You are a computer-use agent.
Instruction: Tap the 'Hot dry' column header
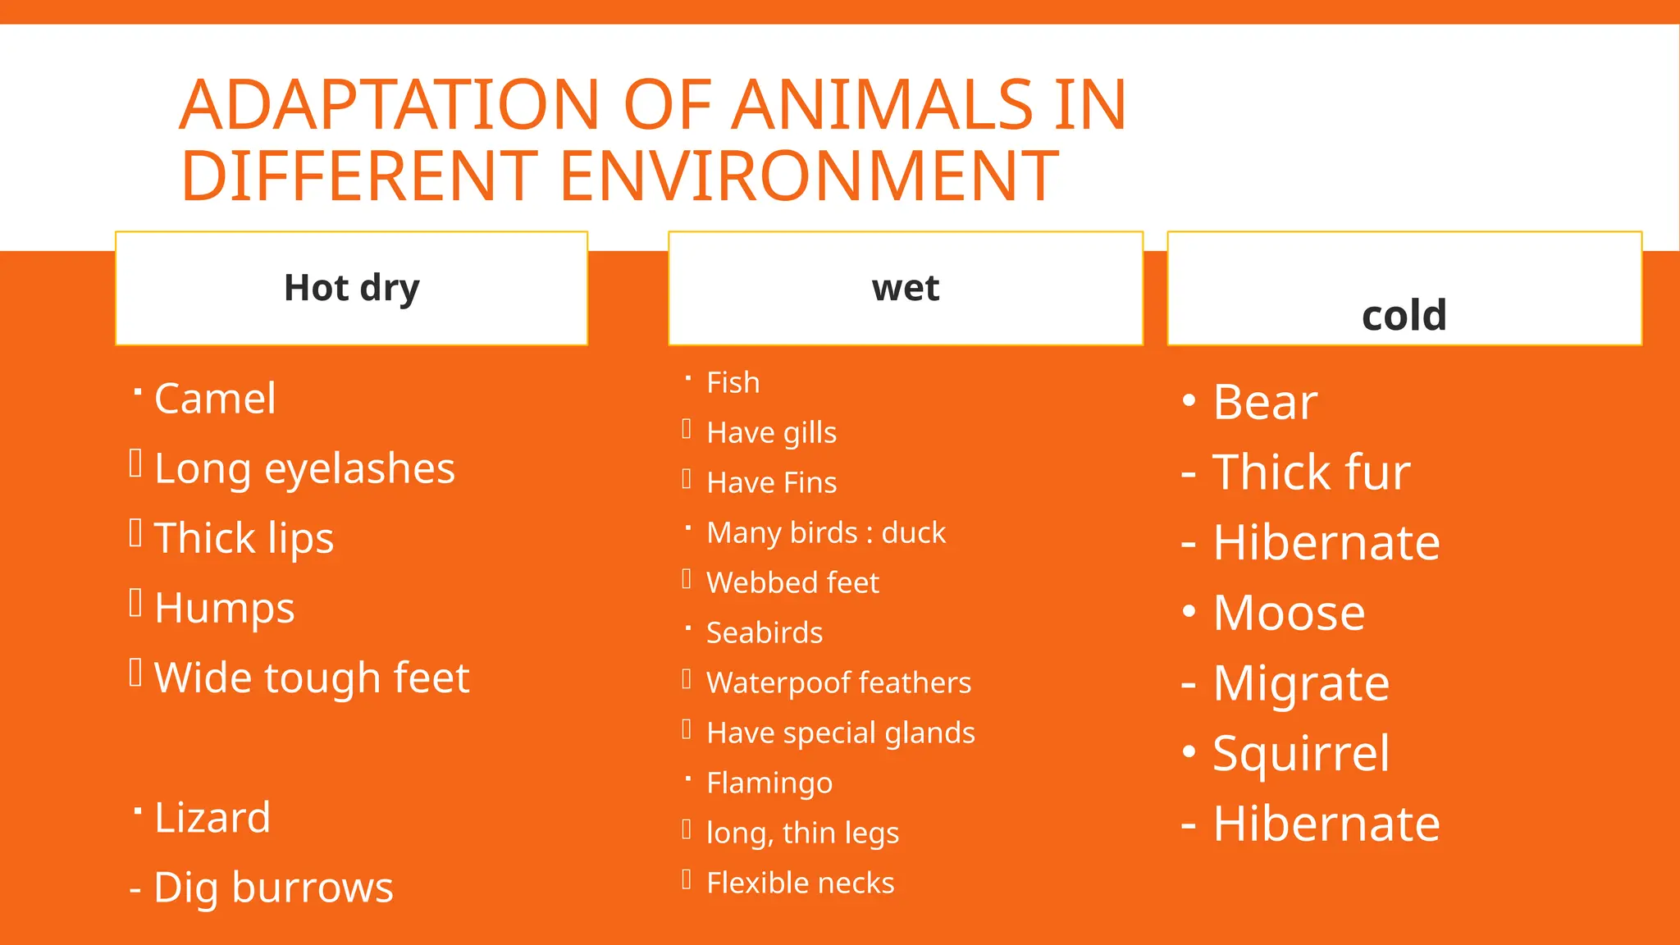tap(351, 288)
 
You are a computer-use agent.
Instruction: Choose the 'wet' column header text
tap(906, 288)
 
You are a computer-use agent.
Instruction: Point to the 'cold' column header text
tap(1404, 315)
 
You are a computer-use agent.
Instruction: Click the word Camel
tap(215, 399)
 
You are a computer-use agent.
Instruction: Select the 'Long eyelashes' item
tap(304, 468)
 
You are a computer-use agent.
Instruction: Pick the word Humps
tap(224, 608)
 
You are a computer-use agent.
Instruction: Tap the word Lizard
tap(212, 818)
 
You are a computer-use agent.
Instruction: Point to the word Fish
tap(733, 383)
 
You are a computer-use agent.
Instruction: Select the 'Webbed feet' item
tap(792, 582)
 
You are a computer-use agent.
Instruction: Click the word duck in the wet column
tap(914, 533)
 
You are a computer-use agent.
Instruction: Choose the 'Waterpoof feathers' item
tap(838, 682)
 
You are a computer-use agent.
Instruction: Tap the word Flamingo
tap(769, 783)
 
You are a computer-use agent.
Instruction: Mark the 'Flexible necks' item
tap(800, 883)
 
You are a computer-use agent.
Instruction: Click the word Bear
tap(1265, 402)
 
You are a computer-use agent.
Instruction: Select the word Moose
tap(1289, 613)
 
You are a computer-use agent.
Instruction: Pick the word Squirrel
tap(1301, 753)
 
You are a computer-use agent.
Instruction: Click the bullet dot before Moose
tap(1189, 612)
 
